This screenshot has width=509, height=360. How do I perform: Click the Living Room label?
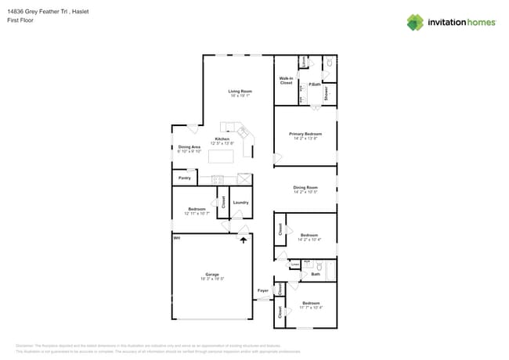coord(240,92)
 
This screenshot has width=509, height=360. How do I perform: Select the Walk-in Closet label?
coord(286,81)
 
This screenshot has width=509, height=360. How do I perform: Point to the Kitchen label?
coord(222,139)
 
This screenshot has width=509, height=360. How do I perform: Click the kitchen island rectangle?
coord(222,157)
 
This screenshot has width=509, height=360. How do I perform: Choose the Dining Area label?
coord(190,147)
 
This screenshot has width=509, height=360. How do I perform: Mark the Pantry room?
coord(185,178)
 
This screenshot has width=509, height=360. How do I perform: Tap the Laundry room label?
coord(240,203)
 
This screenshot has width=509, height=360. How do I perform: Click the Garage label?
coord(212,274)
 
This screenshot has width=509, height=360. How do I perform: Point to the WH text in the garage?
coord(177,237)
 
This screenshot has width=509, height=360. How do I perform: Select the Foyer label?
coord(263,290)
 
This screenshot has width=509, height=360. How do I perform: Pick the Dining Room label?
coord(305,187)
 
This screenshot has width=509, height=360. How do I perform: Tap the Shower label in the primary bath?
coord(327,93)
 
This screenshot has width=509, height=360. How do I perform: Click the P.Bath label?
coord(313,85)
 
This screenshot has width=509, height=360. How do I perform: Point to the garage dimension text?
coord(212,279)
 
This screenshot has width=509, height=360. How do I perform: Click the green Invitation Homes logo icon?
coord(415,22)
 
